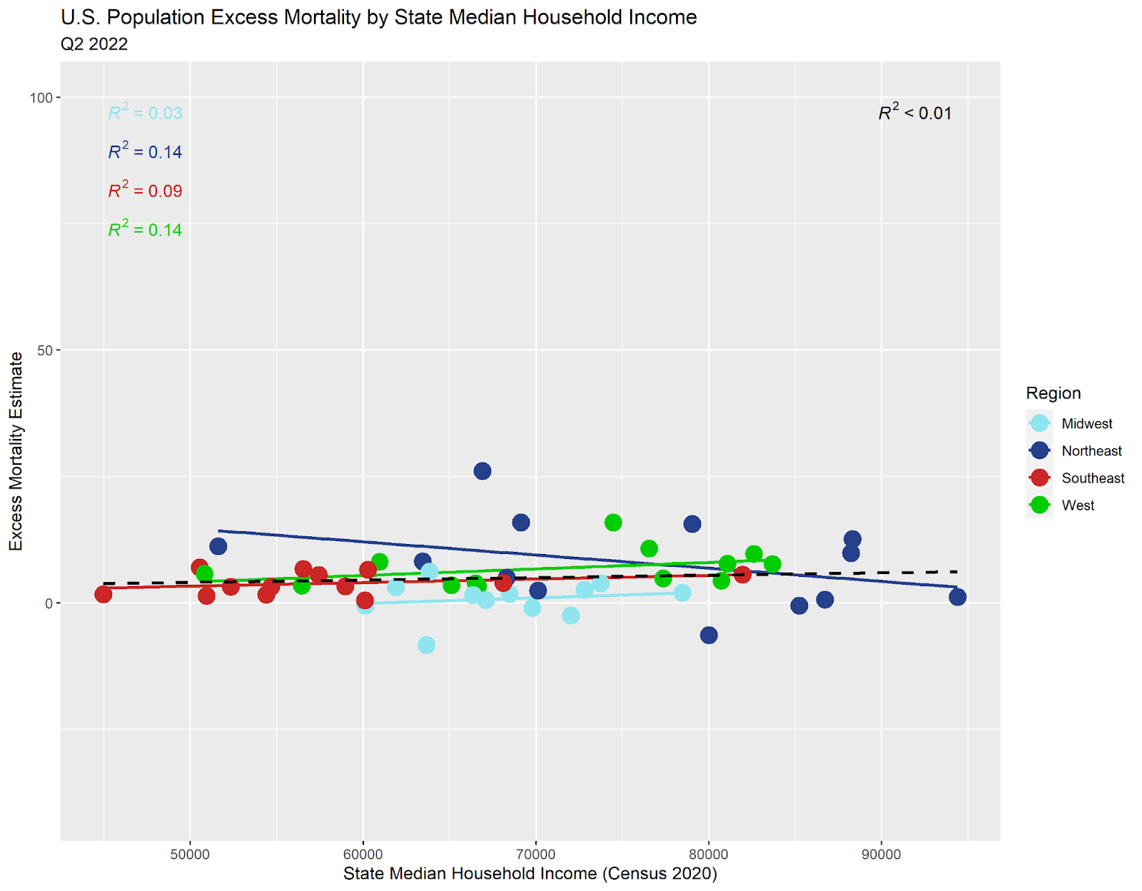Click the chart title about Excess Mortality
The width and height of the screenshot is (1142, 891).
pos(378,17)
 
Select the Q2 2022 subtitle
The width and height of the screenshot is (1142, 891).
pos(94,44)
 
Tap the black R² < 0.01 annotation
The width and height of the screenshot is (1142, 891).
pos(915,113)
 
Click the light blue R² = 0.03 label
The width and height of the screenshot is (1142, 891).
pos(145,113)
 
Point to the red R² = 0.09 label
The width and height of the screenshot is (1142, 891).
pos(145,191)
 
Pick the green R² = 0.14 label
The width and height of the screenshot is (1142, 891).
pos(145,230)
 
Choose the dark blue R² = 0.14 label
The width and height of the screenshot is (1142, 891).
pos(145,152)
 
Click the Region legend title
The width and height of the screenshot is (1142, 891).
pos(1053,393)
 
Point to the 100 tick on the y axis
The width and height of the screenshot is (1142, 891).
pos(41,98)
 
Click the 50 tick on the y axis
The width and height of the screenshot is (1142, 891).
pos(45,351)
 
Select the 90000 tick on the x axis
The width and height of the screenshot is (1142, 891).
pos(881,855)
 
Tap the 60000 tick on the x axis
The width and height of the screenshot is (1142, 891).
pos(363,855)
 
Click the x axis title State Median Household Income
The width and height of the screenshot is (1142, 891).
pos(530,874)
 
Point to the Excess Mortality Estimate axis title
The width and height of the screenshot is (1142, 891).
pos(16,451)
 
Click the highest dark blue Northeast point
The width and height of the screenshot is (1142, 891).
pos(482,471)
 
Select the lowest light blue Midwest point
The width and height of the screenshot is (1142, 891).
pos(426,645)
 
